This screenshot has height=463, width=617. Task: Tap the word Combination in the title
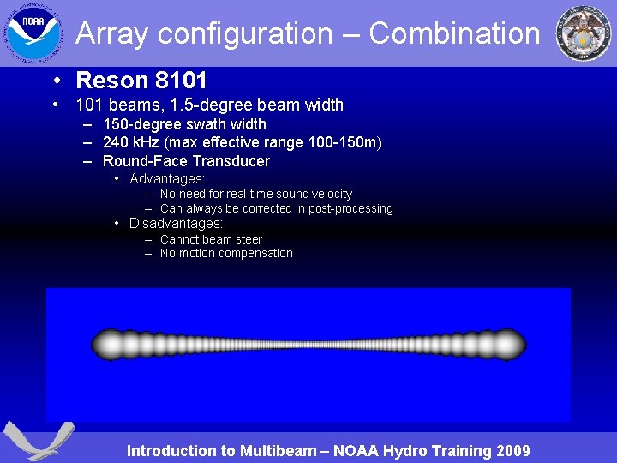pyautogui.click(x=454, y=33)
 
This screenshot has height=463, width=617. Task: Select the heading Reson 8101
pyautogui.click(x=141, y=81)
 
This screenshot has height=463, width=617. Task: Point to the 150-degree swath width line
pyautogui.click(x=184, y=124)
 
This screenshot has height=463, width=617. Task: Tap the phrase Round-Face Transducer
pyautogui.click(x=186, y=161)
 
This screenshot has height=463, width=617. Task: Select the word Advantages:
pyautogui.click(x=167, y=178)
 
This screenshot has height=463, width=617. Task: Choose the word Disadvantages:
pyautogui.click(x=176, y=224)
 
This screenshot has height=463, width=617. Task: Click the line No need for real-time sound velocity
pyautogui.click(x=255, y=195)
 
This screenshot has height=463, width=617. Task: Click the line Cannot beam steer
pyautogui.click(x=211, y=239)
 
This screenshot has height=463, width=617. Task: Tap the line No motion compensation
pyautogui.click(x=226, y=253)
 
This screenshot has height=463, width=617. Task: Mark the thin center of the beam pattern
pyautogui.click(x=308, y=345)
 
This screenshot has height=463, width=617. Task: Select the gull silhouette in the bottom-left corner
pyautogui.click(x=39, y=440)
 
